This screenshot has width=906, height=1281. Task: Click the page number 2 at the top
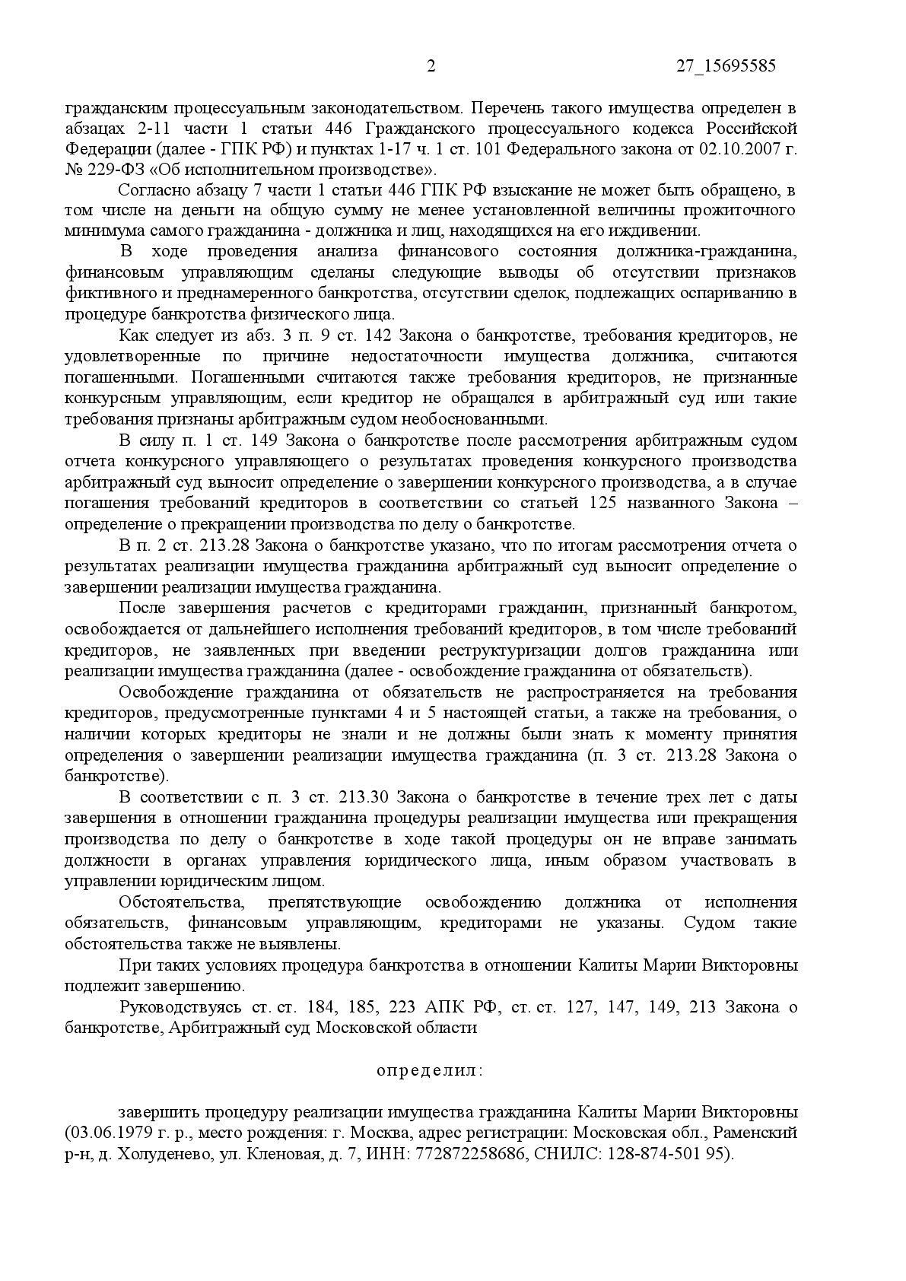coord(431,66)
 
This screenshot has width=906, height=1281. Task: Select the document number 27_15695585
coord(726,66)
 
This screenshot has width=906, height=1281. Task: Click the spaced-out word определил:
coord(429,1070)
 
